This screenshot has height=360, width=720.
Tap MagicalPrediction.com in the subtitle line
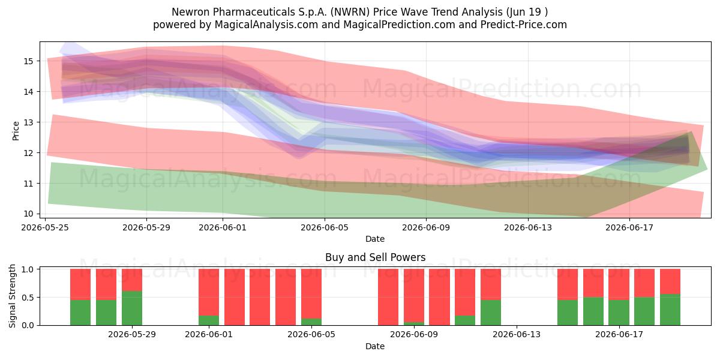click(x=399, y=25)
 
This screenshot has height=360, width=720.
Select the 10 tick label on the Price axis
click(x=28, y=214)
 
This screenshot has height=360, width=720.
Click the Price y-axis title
click(x=16, y=131)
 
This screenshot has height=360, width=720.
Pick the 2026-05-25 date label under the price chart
click(x=45, y=227)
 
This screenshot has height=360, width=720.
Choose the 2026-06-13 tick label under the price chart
click(x=528, y=227)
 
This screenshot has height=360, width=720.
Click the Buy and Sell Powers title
click(x=375, y=257)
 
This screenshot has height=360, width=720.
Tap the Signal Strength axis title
click(x=12, y=296)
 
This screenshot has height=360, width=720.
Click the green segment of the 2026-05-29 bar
click(x=132, y=308)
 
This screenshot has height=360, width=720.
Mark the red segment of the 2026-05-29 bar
click(x=132, y=280)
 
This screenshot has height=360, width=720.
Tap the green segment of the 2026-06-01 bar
click(x=209, y=320)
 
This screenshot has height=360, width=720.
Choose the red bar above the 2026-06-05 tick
click(x=311, y=294)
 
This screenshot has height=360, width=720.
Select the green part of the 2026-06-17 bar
click(x=619, y=313)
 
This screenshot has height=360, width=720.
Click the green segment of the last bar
click(x=670, y=310)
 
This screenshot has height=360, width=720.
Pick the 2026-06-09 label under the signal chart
click(x=414, y=335)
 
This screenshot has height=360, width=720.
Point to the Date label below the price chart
click(x=375, y=239)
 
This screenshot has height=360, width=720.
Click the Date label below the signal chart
click(x=375, y=346)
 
